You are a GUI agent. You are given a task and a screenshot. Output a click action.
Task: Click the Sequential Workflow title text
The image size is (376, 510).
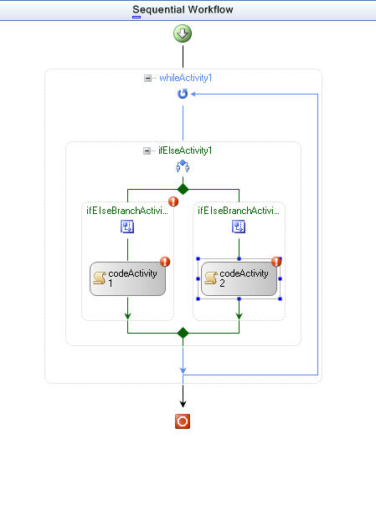tap(183, 10)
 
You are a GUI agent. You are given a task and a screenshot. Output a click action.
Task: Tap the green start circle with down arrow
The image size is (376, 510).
tap(183, 33)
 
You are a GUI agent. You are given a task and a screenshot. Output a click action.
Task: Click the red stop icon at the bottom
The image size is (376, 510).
tap(183, 421)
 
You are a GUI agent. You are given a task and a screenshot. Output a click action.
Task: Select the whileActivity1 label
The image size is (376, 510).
tap(186, 78)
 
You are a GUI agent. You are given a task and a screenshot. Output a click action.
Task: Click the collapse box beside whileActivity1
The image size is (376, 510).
tap(147, 78)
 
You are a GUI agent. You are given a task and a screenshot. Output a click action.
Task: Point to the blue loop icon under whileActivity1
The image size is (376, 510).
tap(183, 94)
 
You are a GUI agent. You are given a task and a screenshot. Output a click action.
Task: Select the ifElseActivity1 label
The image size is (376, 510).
tap(185, 150)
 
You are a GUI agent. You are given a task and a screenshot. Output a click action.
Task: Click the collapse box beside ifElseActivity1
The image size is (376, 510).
tap(147, 151)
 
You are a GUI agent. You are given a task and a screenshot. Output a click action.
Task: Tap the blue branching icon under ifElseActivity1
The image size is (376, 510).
tap(183, 166)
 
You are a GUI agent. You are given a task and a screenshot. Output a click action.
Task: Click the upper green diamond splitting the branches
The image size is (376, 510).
tap(183, 189)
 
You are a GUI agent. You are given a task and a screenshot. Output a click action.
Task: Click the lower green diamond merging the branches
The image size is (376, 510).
tap(183, 333)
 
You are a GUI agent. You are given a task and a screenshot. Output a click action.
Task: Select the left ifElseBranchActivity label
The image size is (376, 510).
tap(127, 211)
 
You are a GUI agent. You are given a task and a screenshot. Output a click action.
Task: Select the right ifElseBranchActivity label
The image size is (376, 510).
tap(239, 211)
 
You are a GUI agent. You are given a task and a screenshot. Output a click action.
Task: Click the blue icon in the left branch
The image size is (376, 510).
tap(127, 227)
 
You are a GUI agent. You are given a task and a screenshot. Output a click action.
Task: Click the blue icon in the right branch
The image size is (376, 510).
tap(239, 227)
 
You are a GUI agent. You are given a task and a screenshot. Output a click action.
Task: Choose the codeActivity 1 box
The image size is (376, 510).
tap(128, 278)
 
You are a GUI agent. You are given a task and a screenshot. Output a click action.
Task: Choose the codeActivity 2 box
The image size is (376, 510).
tap(240, 278)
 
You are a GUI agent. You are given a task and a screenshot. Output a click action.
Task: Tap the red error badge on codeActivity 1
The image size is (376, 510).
tap(165, 262)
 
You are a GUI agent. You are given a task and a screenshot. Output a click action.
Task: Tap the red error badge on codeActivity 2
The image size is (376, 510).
tap(276, 262)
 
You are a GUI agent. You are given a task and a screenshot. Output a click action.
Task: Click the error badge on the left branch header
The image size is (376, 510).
tap(173, 201)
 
